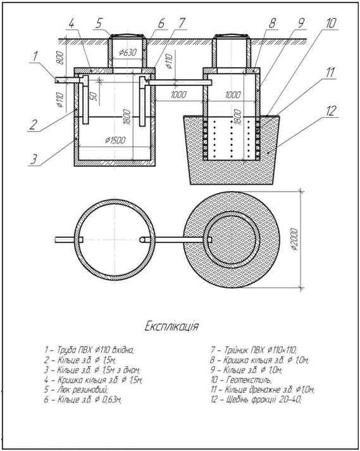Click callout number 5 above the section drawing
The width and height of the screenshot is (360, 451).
(99, 23)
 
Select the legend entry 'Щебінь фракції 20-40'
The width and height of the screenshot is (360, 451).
(256, 400)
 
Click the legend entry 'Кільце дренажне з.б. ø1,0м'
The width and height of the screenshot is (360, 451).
(263, 390)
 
